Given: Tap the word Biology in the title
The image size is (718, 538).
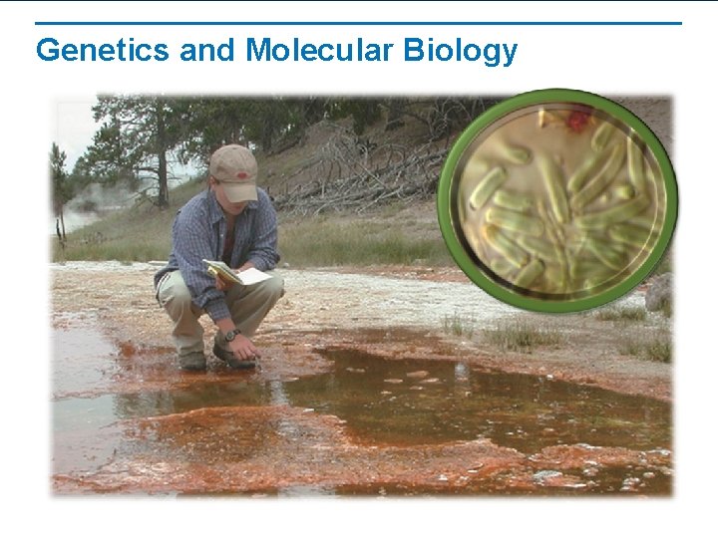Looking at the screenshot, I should (x=461, y=50).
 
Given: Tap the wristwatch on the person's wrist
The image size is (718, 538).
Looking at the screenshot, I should (x=230, y=336).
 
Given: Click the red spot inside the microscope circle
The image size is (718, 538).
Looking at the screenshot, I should (x=578, y=122).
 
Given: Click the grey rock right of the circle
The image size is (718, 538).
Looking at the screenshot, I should (x=659, y=293).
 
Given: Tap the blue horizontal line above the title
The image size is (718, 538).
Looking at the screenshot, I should (x=359, y=23).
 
